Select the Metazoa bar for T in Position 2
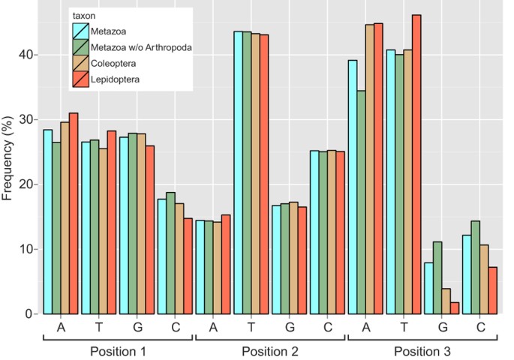click(x=238, y=172)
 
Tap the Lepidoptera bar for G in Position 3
click(x=455, y=308)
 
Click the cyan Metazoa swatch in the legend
click(x=81, y=31)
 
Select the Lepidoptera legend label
click(x=117, y=78)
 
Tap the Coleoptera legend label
click(x=116, y=63)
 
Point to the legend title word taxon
click(x=83, y=15)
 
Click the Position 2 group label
click(x=270, y=350)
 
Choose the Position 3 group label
click(x=422, y=350)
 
